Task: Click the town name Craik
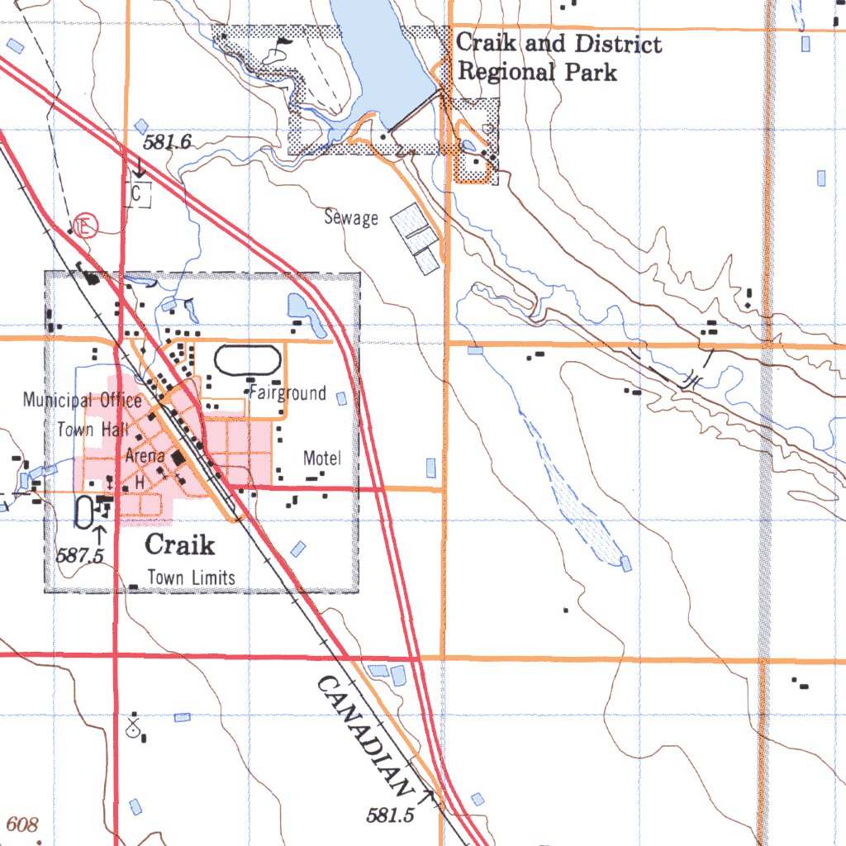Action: [x=179, y=544]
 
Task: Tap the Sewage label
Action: [x=351, y=218]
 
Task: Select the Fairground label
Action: [x=288, y=393]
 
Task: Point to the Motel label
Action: [x=321, y=458]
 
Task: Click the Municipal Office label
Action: [x=82, y=401]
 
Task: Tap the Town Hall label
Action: [x=88, y=430]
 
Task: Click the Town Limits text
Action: [x=191, y=577]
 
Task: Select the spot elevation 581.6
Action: [x=167, y=142]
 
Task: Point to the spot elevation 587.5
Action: [x=79, y=556]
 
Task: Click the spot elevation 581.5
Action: [x=389, y=815]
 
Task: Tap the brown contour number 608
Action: [x=22, y=825]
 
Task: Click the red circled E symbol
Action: [x=84, y=225]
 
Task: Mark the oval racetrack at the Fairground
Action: [x=247, y=360]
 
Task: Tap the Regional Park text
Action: [x=537, y=72]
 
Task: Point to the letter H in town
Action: [x=140, y=481]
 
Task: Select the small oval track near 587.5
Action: [x=84, y=512]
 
